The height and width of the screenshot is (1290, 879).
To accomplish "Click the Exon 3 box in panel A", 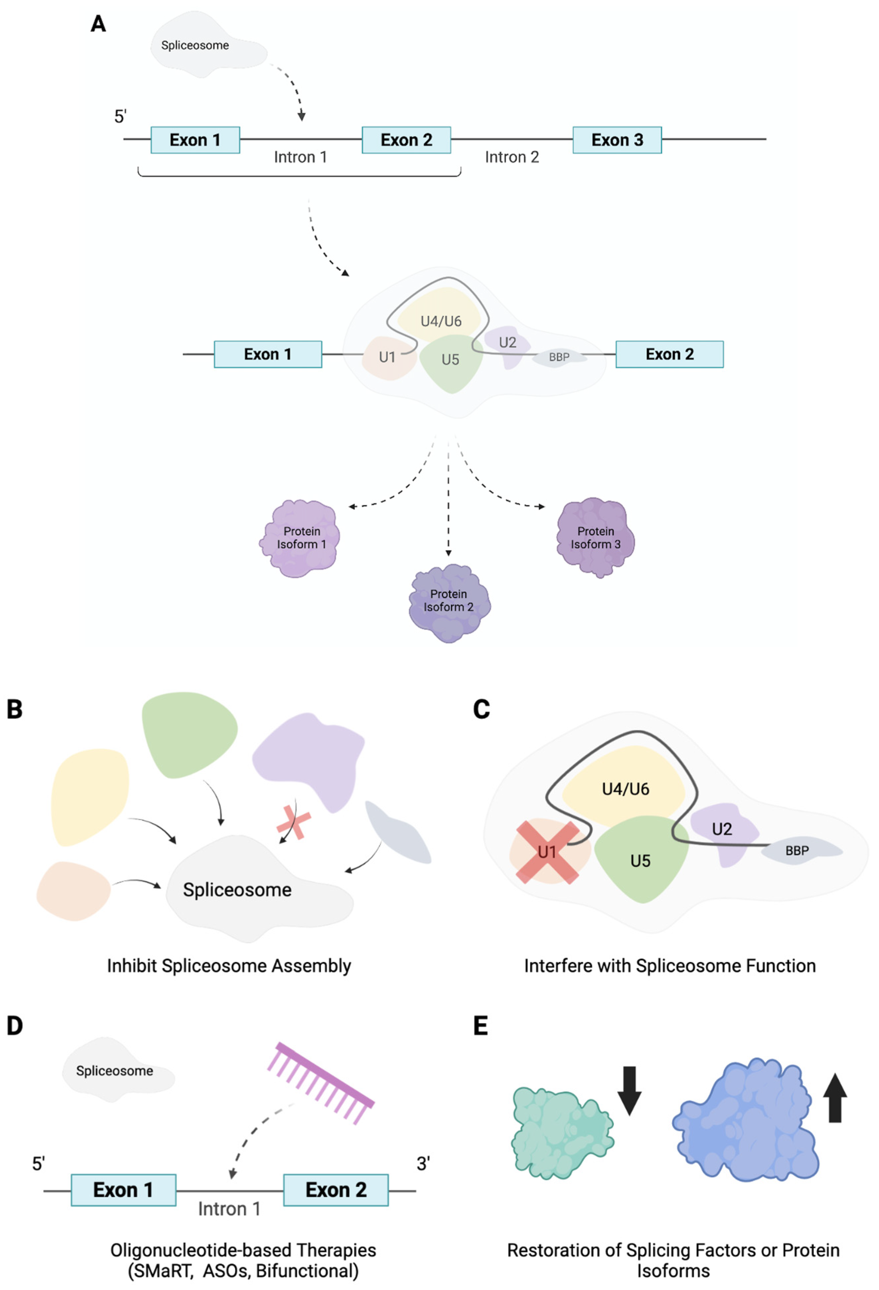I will (x=617, y=140).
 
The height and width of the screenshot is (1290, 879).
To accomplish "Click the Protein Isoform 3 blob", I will (x=595, y=537).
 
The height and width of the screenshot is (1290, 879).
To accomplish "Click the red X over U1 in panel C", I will (x=547, y=852).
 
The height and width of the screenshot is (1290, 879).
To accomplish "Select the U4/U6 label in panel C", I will (x=625, y=789).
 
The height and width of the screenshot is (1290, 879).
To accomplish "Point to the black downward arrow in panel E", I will (x=629, y=1091).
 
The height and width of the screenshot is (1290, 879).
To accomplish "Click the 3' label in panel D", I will (x=423, y=1164).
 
